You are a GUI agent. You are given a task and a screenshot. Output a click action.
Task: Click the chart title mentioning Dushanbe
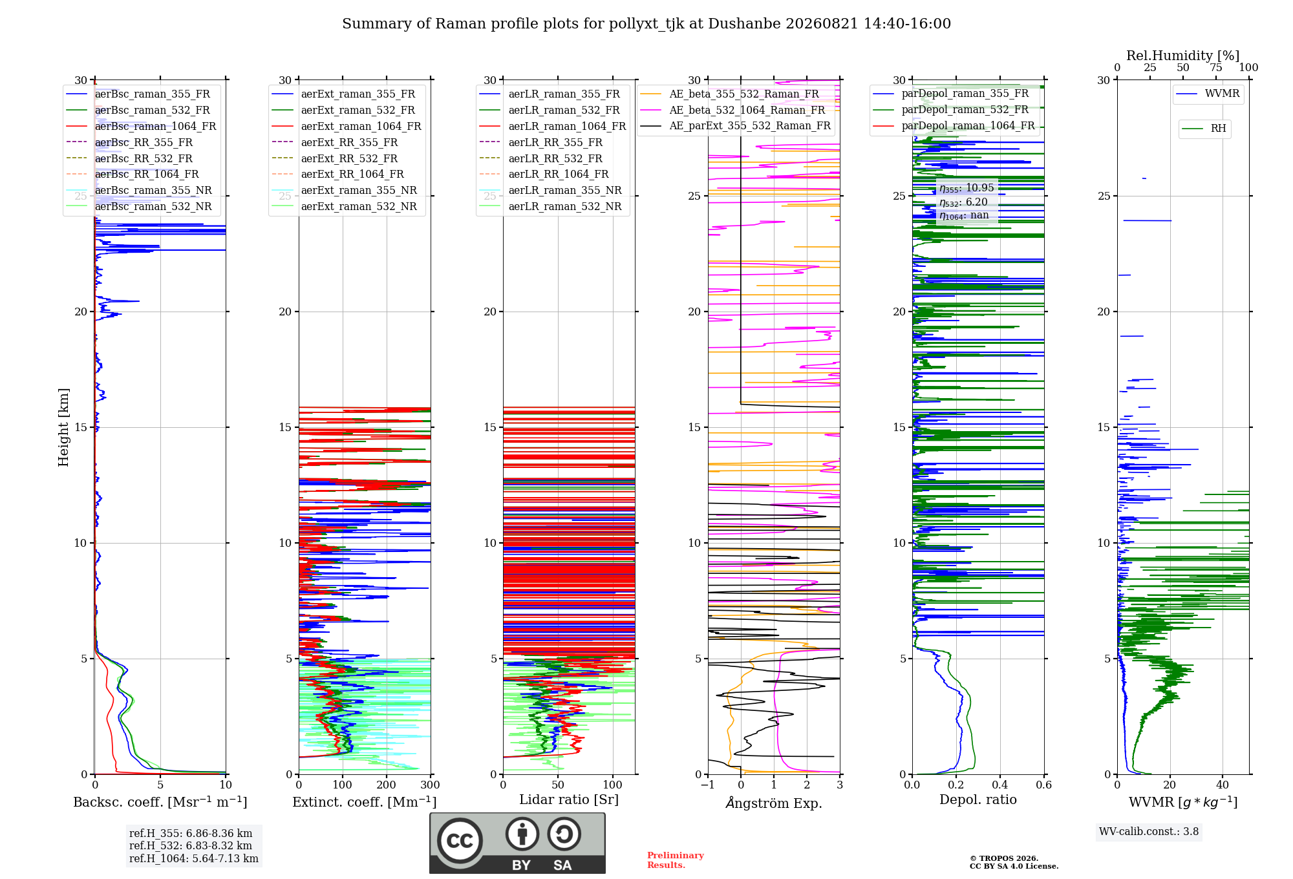pyautogui.click(x=646, y=24)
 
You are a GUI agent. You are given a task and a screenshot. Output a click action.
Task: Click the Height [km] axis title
pyautogui.click(x=63, y=427)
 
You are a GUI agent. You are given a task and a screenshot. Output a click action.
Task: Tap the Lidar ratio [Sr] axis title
pyautogui.click(x=569, y=800)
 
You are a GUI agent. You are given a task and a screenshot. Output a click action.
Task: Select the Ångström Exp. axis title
pyautogui.click(x=774, y=803)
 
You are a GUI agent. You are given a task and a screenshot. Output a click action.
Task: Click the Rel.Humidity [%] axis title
pyautogui.click(x=1183, y=56)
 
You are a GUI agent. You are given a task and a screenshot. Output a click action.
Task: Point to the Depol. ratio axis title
pyautogui.click(x=978, y=800)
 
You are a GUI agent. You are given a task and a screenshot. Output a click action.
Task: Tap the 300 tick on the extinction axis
pyautogui.click(x=431, y=785)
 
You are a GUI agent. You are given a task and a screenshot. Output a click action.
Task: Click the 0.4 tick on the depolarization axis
pyautogui.click(x=1000, y=785)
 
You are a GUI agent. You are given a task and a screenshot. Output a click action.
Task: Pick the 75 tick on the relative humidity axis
pyautogui.click(x=1216, y=68)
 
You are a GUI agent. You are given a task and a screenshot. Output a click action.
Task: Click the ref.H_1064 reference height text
pyautogui.click(x=194, y=859)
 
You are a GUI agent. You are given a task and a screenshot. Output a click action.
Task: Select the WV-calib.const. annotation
pyautogui.click(x=1149, y=832)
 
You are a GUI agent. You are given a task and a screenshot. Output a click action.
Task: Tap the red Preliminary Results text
pyautogui.click(x=676, y=860)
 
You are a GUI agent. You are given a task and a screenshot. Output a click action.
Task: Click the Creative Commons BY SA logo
pyautogui.click(x=517, y=843)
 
